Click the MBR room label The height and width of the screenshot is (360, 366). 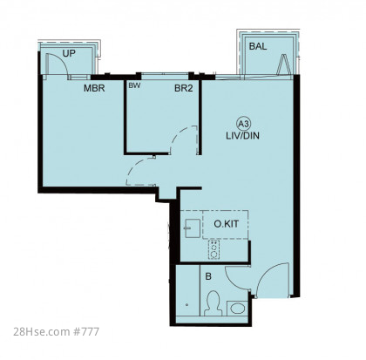coord(94,88)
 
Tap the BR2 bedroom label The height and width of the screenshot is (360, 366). coord(184,88)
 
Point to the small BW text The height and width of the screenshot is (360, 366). coord(134,85)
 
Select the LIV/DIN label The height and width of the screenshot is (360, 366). coord(243,136)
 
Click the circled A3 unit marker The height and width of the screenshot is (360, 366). coord(243,124)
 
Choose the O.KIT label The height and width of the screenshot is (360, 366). coord(227,224)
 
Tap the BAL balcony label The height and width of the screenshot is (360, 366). coord(258,46)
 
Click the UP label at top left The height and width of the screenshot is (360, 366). coord(69,53)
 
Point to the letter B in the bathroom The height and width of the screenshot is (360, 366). coord(208,276)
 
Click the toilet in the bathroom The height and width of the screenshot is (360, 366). coord(213,303)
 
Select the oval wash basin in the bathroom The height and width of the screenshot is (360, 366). coord(237,309)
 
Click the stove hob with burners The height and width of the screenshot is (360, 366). coord(214,249)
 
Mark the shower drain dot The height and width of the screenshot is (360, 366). coord(186,305)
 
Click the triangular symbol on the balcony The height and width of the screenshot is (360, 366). coord(283,65)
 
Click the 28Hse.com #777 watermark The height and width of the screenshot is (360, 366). coord(57,331)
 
